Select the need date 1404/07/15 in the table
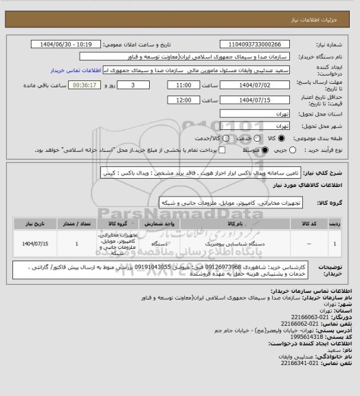[34, 243]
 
